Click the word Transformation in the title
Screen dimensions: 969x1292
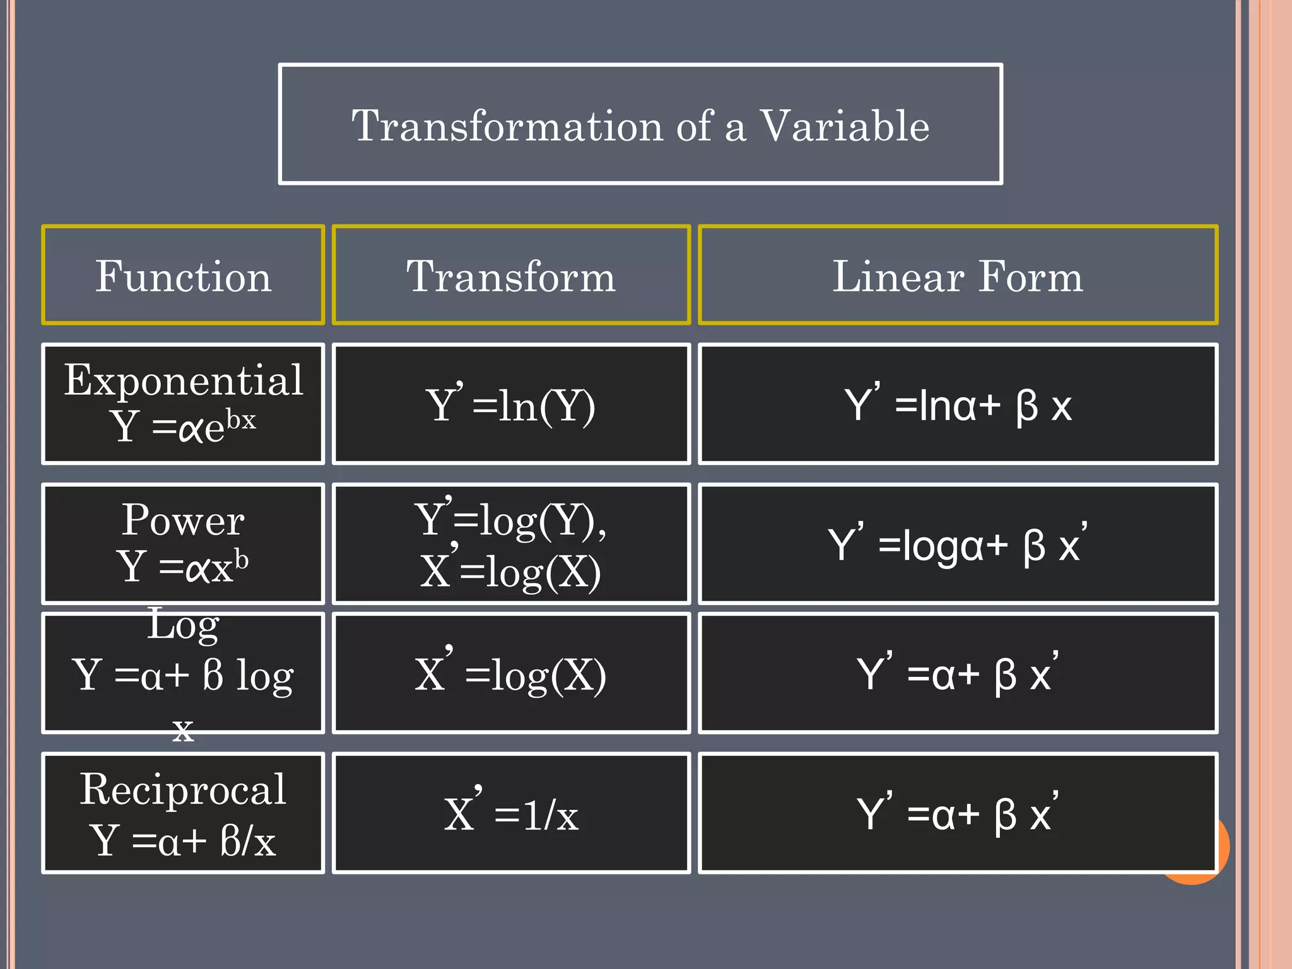coord(507,126)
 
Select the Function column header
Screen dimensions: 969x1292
coord(183,276)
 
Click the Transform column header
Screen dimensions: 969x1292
coord(511,276)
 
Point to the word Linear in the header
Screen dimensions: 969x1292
coord(898,276)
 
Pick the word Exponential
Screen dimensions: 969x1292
coord(184,380)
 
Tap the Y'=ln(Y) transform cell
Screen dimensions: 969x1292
coord(511,404)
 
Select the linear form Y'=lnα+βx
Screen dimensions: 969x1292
coord(958,404)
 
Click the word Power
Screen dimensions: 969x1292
coord(183,520)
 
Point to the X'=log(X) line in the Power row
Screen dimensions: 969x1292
coord(511,571)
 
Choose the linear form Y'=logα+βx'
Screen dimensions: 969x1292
coord(958,544)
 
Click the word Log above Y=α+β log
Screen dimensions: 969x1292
coord(183,625)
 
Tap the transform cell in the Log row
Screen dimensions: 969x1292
coord(511,674)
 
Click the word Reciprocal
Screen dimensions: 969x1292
coord(183,789)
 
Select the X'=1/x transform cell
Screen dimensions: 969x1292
coord(511,814)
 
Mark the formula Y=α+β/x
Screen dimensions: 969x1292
coord(183,840)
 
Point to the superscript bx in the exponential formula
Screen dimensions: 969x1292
coord(241,419)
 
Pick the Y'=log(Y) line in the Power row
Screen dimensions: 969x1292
coord(511,520)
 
